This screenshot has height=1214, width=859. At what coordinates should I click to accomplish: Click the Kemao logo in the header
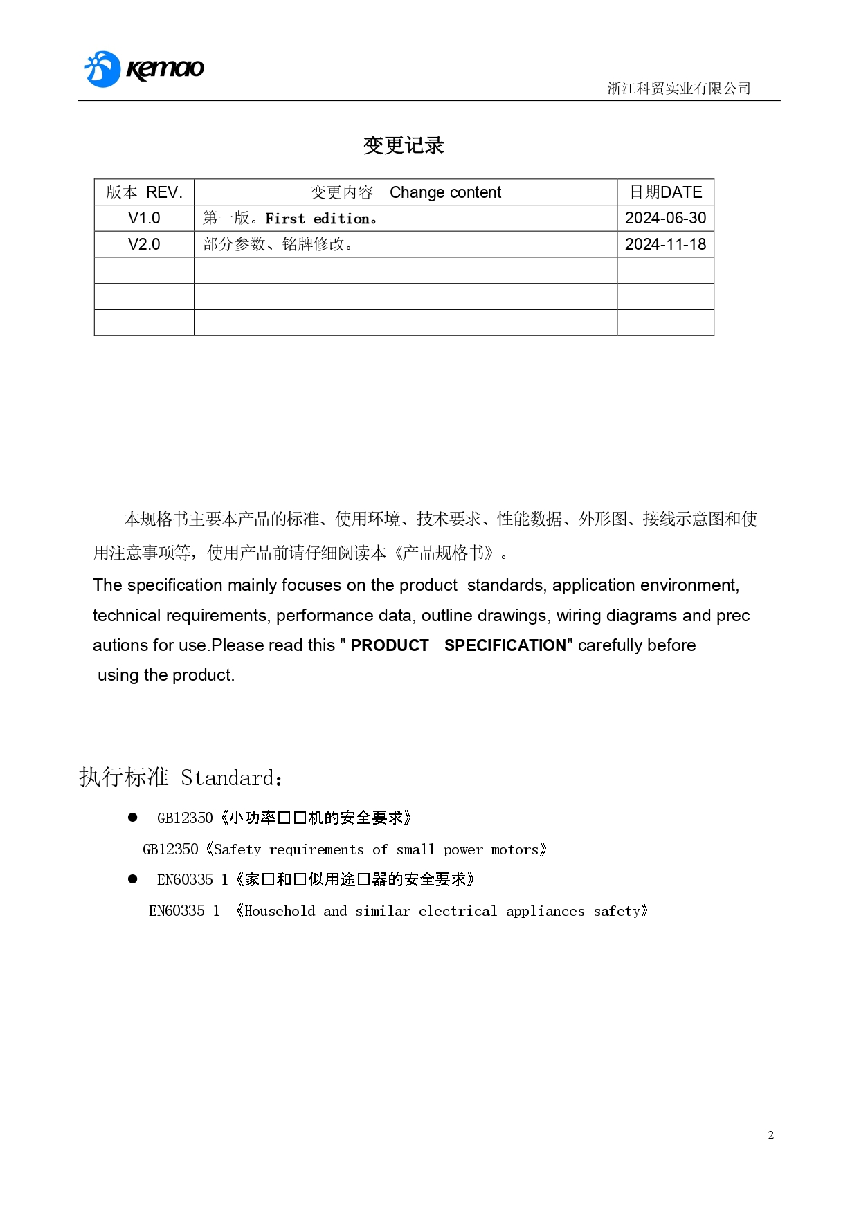pos(144,69)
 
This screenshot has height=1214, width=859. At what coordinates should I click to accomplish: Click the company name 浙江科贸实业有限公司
pos(678,89)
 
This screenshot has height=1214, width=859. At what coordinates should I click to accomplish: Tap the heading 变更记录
pos(404,145)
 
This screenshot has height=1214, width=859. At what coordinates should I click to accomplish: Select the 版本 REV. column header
pos(144,192)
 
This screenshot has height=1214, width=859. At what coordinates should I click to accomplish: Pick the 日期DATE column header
pos(665,192)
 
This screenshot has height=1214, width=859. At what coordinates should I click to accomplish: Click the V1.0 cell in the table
pos(144,219)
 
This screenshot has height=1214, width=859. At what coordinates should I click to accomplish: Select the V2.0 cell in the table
pos(144,244)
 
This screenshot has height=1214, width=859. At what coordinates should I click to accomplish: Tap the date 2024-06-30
pos(665,219)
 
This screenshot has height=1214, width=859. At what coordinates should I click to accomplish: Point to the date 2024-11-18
pos(665,244)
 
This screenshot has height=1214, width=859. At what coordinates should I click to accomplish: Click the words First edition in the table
pos(320,219)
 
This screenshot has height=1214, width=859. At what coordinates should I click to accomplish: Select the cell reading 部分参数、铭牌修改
pos(278,244)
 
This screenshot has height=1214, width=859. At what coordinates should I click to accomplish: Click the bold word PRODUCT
pos(390,645)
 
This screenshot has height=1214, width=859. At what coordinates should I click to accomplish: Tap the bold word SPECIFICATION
pos(505,645)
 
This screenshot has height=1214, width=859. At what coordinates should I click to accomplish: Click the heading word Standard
pos(228,778)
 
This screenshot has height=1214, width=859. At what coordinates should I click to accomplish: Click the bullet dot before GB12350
pos(133,818)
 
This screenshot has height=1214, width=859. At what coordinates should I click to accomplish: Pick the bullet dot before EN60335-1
pos(133,879)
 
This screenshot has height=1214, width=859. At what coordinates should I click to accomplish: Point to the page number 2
pos(770,1135)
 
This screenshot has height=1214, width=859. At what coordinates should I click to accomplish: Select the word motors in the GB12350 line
pos(514,849)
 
